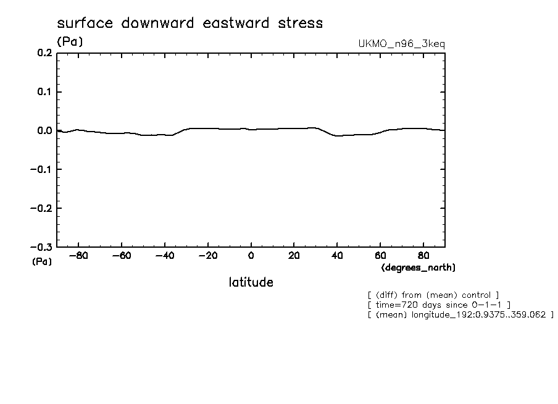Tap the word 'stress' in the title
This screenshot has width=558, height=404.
(x=299, y=23)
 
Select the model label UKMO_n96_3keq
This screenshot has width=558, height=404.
(x=401, y=44)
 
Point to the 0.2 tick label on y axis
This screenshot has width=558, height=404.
(x=45, y=53)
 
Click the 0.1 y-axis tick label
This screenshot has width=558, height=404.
(x=45, y=92)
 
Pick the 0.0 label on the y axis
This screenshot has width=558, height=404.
(x=45, y=131)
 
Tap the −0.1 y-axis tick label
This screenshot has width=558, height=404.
(x=42, y=169)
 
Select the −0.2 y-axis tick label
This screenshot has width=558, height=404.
(x=42, y=208)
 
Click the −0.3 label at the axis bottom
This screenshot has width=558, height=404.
(x=42, y=247)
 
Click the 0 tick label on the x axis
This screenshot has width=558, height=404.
(x=251, y=256)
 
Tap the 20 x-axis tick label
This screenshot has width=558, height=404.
(x=294, y=256)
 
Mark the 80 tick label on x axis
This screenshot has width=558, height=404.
(x=423, y=256)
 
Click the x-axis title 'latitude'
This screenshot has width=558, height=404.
(x=251, y=282)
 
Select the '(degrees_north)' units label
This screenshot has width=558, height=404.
(x=418, y=267)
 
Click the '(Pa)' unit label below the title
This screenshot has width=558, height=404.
(x=70, y=42)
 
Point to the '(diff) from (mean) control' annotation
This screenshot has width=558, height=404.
(x=433, y=295)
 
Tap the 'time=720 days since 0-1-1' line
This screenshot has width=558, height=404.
(x=438, y=305)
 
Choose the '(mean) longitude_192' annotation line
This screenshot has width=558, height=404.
(x=460, y=315)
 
